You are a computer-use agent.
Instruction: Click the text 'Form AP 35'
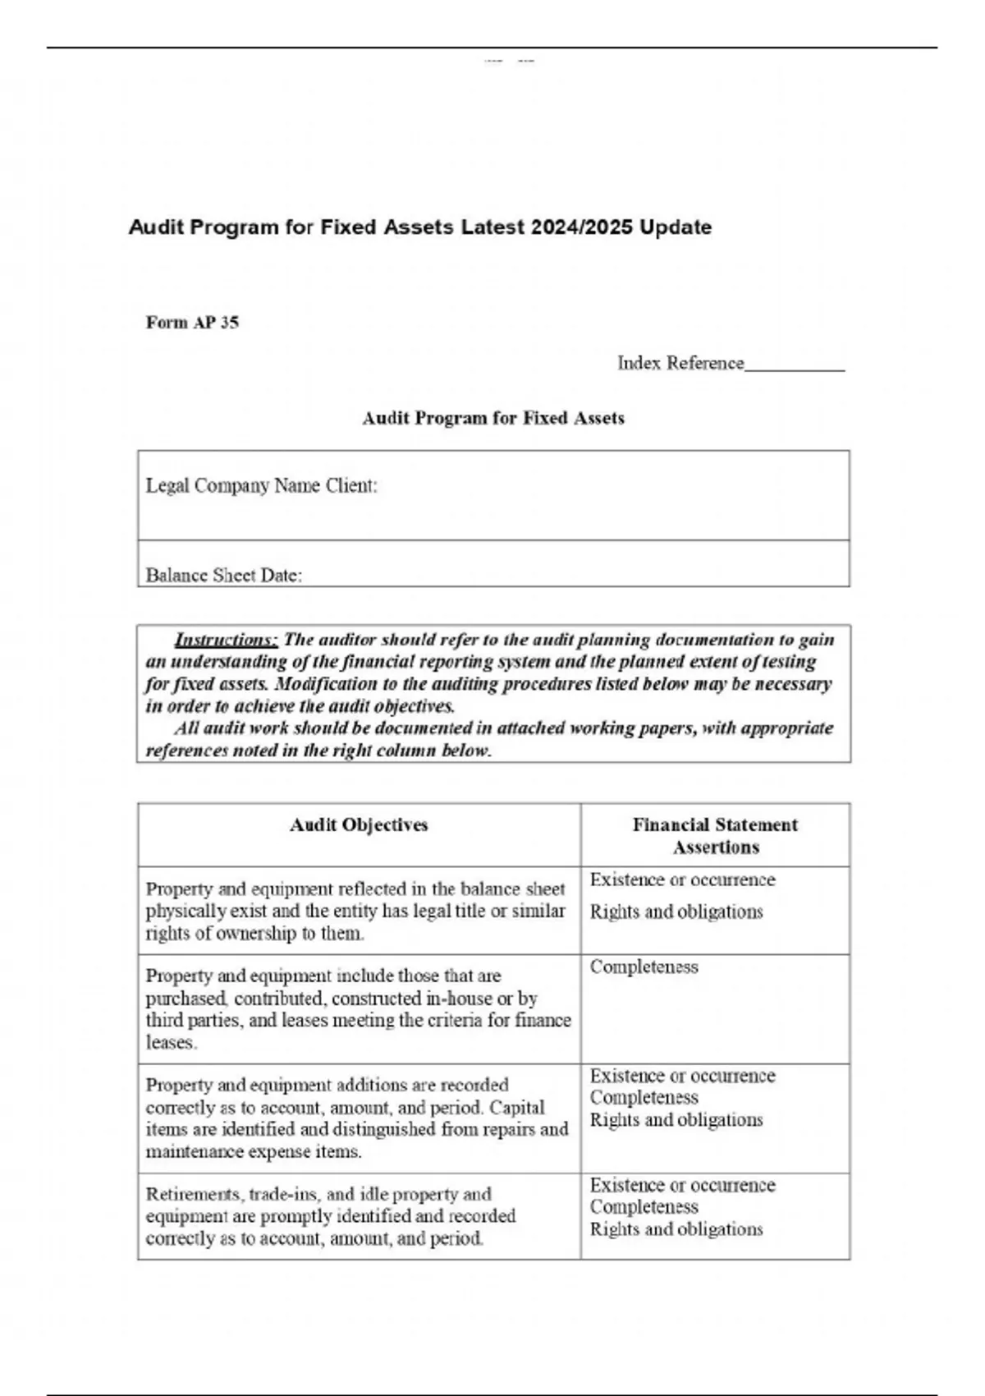(x=192, y=323)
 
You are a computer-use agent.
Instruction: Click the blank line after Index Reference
(x=794, y=365)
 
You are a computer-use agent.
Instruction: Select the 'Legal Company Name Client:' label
(x=261, y=486)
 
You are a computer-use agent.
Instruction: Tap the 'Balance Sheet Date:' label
(x=223, y=576)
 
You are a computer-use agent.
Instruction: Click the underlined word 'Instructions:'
(x=226, y=641)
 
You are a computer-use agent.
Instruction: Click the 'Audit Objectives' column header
(x=359, y=825)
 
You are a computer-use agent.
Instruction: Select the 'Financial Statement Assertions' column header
(x=715, y=836)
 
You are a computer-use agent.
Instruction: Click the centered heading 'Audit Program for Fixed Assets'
(x=493, y=419)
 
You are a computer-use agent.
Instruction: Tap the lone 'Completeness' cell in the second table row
(x=644, y=967)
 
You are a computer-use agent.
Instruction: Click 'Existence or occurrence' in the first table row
(x=682, y=880)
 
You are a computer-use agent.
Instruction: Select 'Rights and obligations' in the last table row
(x=676, y=1229)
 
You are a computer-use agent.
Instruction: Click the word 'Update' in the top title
(x=676, y=227)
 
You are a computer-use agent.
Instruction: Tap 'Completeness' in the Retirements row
(x=644, y=1207)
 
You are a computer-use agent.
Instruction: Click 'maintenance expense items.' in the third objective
(x=254, y=1152)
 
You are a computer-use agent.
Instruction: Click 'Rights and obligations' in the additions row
(x=676, y=1120)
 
